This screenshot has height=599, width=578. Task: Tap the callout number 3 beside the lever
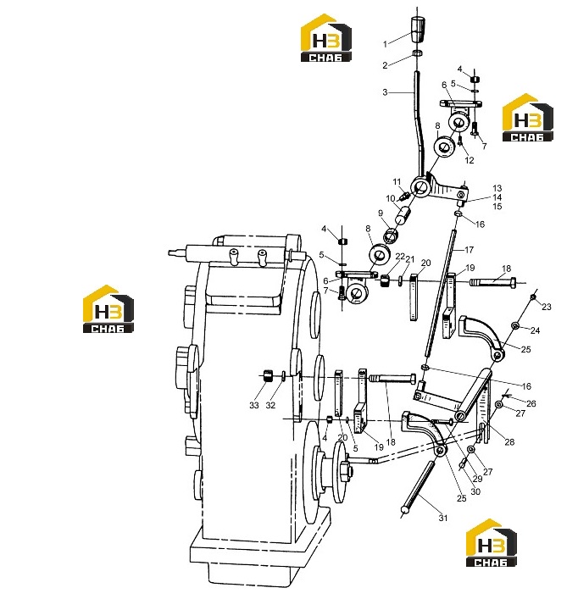tap(385, 92)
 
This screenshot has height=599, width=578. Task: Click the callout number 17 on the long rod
tap(470, 250)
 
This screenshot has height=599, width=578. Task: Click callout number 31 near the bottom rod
tap(442, 518)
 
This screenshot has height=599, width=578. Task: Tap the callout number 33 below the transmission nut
tap(254, 405)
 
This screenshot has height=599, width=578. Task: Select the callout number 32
tap(270, 405)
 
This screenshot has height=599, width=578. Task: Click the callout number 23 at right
tap(547, 307)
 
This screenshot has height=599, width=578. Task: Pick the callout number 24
tap(536, 330)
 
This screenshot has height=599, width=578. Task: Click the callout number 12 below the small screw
tap(470, 160)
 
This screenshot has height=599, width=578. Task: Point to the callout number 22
tap(400, 257)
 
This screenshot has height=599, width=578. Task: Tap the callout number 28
tap(509, 442)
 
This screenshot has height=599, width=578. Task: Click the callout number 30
tap(475, 491)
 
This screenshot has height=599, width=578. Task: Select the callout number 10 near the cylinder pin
tap(391, 198)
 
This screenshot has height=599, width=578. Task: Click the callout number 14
tap(497, 197)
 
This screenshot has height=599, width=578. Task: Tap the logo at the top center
tap(325, 38)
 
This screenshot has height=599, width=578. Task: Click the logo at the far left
tap(108, 309)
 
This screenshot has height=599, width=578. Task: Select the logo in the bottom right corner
tap(492, 543)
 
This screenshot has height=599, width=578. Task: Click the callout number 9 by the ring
tap(381, 214)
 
